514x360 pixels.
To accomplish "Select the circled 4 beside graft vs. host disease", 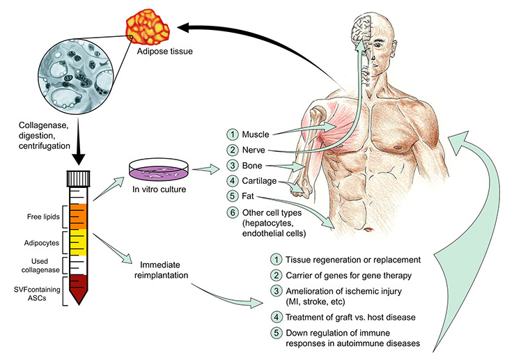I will pos(277,317).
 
